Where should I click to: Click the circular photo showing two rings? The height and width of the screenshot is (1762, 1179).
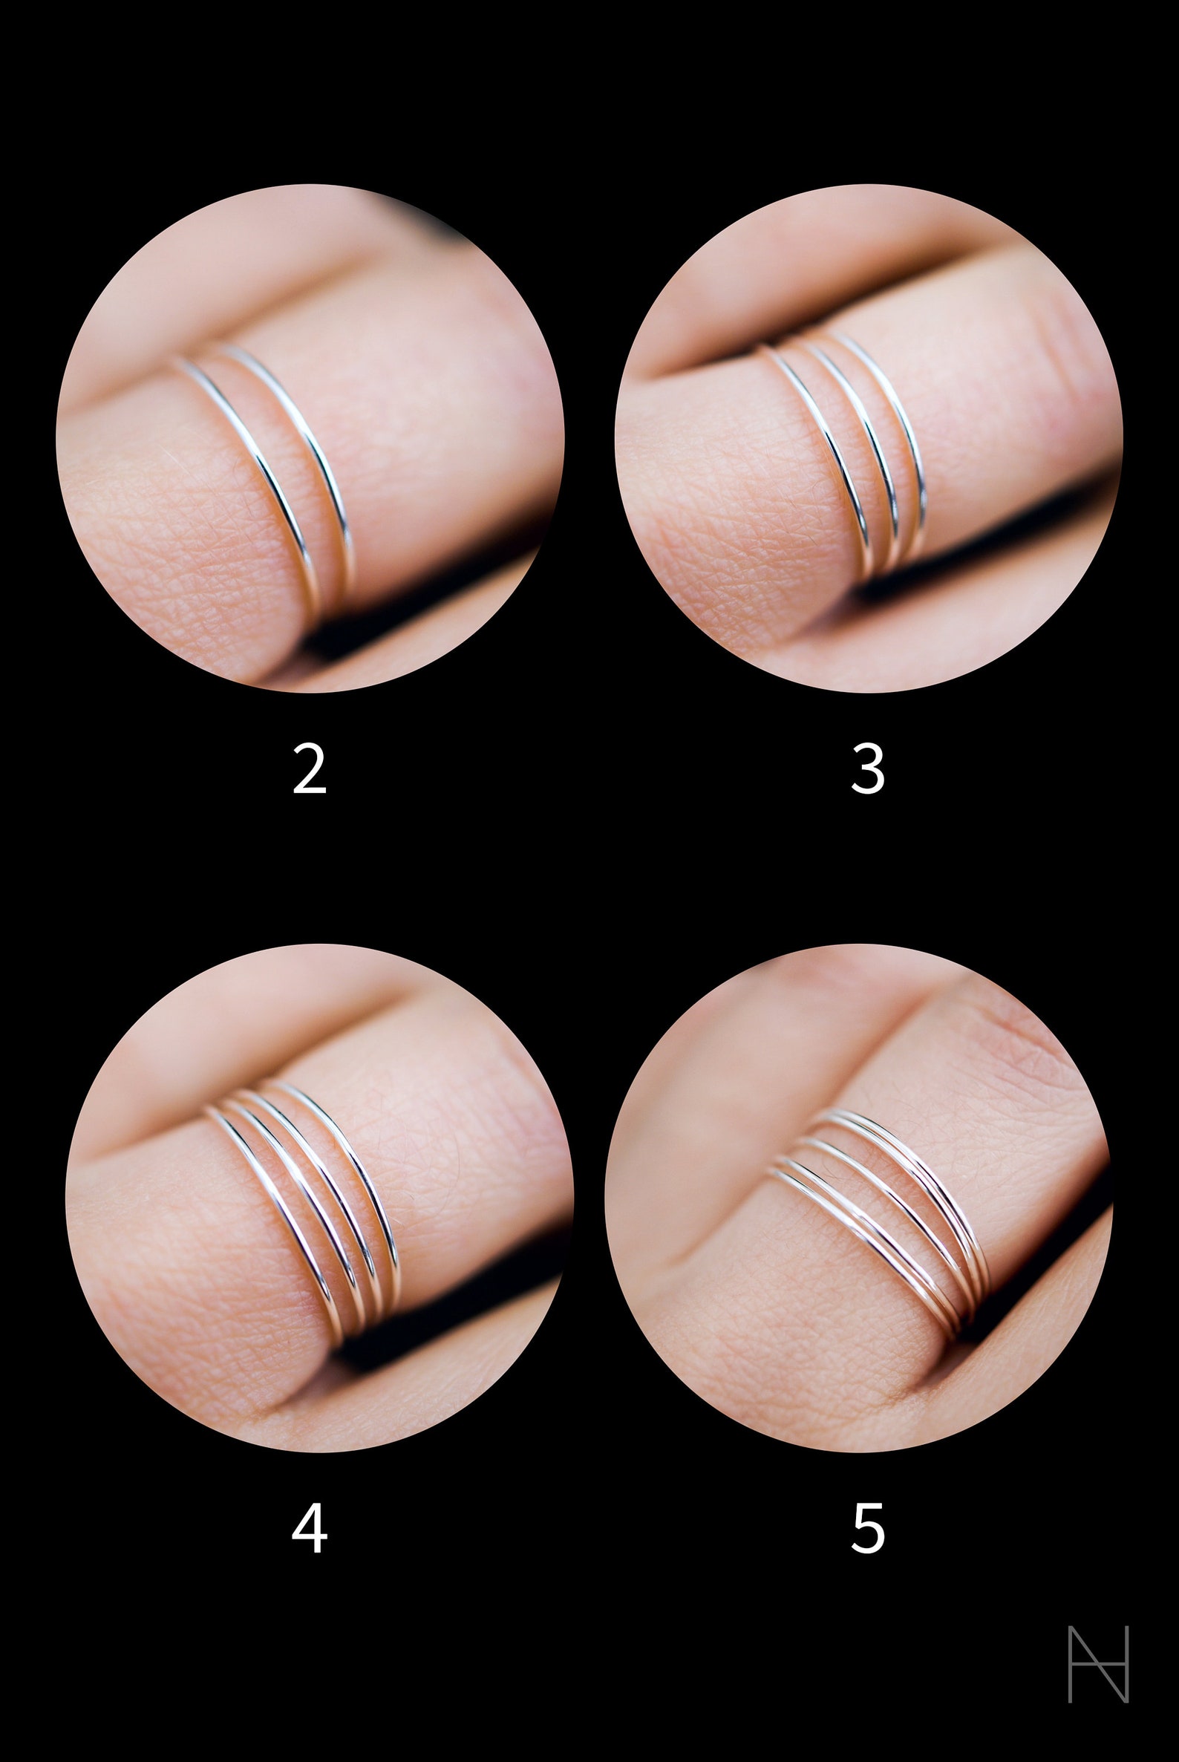click(310, 437)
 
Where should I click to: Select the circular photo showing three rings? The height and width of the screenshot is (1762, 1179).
click(869, 437)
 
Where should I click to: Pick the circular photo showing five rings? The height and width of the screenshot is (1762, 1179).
click(859, 1197)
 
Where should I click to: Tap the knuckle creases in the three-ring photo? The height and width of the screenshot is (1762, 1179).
click(1068, 339)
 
